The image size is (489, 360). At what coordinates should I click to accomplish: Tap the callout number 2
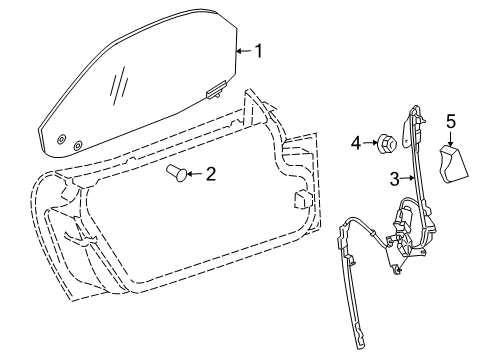(210, 174)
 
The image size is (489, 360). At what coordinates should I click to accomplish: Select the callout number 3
(394, 179)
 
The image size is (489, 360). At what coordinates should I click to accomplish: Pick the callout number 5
(451, 121)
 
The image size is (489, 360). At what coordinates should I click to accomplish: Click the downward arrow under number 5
(451, 138)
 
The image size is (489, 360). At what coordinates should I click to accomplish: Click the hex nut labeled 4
(385, 146)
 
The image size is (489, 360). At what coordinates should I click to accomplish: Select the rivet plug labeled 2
(174, 175)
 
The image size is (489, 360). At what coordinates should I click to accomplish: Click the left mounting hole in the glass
(61, 137)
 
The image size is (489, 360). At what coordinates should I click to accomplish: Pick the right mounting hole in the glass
(78, 145)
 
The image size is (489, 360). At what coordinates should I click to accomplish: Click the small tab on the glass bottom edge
(213, 96)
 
